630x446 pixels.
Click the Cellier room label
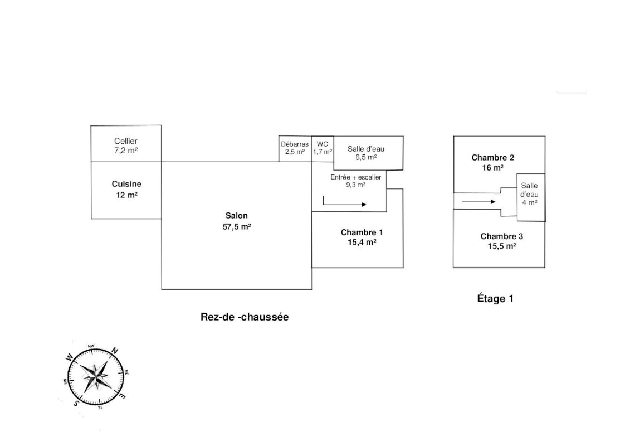click(126, 141)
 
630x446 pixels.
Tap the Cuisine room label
click(126, 183)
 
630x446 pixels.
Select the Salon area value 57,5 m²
click(237, 226)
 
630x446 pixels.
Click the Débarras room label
click(295, 144)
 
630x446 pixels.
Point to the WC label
click(323, 144)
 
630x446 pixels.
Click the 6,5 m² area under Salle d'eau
click(366, 158)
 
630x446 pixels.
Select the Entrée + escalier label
click(348, 177)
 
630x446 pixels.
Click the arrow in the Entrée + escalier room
click(344, 204)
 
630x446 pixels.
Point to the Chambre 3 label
click(502, 236)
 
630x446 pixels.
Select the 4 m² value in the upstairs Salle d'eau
click(529, 202)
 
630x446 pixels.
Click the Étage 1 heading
click(495, 298)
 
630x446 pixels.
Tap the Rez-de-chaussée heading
click(245, 317)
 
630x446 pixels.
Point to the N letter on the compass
click(115, 351)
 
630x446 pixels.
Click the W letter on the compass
click(69, 357)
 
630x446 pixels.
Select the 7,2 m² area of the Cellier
click(126, 151)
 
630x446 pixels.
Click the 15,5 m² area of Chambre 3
click(502, 246)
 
